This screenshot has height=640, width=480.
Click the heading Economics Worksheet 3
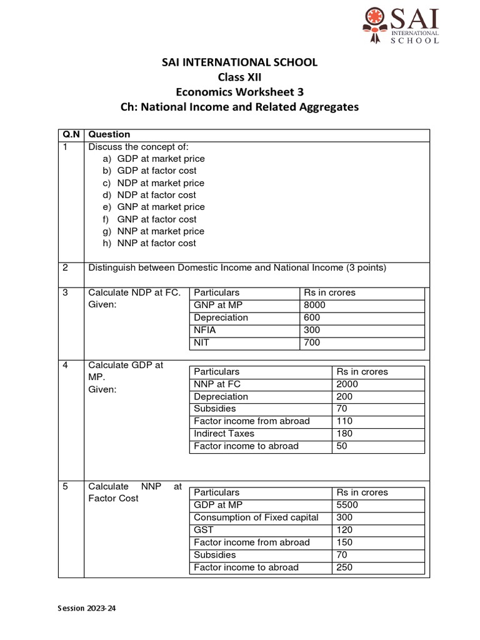[x=239, y=92]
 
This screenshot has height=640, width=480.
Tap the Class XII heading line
[x=239, y=77]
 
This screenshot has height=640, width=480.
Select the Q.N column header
[x=70, y=134]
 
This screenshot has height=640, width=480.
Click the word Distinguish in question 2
[x=112, y=268]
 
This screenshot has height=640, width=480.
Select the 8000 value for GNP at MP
[x=314, y=305]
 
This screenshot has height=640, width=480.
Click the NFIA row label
[x=205, y=330]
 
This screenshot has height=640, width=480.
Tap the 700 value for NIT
[x=311, y=342]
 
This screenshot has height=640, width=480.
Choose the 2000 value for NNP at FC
[x=347, y=384]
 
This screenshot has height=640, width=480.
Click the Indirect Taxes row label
[x=219, y=434]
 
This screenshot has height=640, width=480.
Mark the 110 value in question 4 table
[x=344, y=421]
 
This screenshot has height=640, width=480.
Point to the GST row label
[x=204, y=530]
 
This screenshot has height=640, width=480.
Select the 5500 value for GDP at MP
[x=347, y=505]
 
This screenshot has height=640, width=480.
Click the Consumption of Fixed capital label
[x=256, y=517]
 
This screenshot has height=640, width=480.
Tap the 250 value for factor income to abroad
[x=344, y=567]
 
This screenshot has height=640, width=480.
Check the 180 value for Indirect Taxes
[x=344, y=434]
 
